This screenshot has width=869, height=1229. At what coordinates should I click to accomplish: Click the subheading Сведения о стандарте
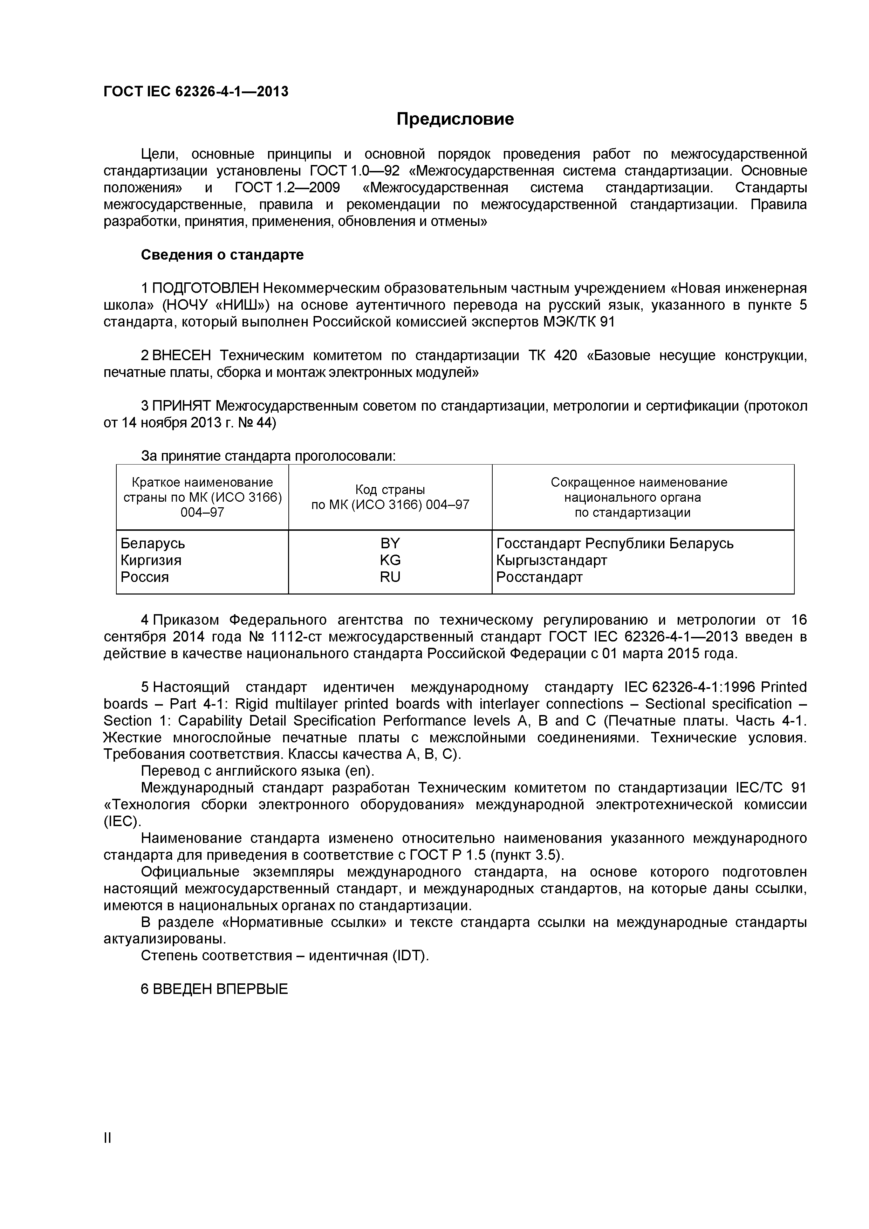pyautogui.click(x=222, y=255)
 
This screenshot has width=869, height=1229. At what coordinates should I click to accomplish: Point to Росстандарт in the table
pyautogui.click(x=539, y=577)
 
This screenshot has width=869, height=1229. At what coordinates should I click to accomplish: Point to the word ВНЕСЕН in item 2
pyautogui.click(x=182, y=356)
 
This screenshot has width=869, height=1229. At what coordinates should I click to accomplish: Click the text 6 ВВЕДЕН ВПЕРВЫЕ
pyautogui.click(x=214, y=989)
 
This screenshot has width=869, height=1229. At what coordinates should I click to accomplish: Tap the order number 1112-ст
pyautogui.click(x=297, y=637)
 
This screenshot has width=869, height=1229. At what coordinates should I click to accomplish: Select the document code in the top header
pyautogui.click(x=196, y=91)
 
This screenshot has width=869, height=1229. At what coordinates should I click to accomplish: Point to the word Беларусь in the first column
pyautogui.click(x=152, y=543)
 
